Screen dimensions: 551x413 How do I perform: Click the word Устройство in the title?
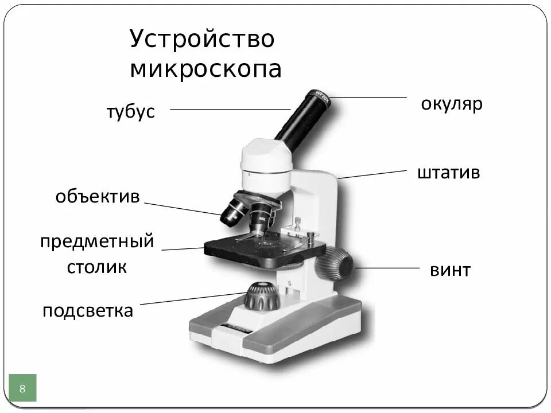pyautogui.click(x=202, y=40)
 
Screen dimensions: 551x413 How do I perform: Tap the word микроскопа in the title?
pyautogui.click(x=205, y=69)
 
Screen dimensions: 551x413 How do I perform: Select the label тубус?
pyautogui.click(x=130, y=112)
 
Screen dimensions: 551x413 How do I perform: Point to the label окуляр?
pyautogui.click(x=452, y=105)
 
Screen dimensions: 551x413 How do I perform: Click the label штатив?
pyautogui.click(x=448, y=173)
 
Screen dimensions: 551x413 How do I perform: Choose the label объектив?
pyautogui.click(x=98, y=197)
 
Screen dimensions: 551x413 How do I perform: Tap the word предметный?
pyautogui.click(x=98, y=241)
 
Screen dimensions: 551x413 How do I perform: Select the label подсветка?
pyautogui.click(x=88, y=311)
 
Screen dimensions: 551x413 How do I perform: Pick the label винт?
pyautogui.click(x=450, y=270)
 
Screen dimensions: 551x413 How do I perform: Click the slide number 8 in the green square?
pyautogui.click(x=22, y=388)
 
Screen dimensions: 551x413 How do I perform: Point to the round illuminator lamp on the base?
pyautogui.click(x=262, y=295)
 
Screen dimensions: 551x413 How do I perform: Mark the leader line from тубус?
pyautogui.click(x=230, y=109)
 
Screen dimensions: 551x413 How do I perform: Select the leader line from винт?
pyautogui.click(x=387, y=268)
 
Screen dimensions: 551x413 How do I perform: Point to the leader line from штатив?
pyautogui.click(x=373, y=174)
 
